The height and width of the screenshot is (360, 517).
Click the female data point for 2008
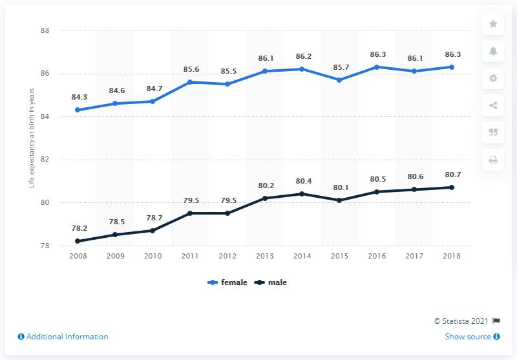pos(78,110)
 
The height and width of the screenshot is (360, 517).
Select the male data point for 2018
pos(452,187)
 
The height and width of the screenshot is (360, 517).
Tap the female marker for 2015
pos(339,79)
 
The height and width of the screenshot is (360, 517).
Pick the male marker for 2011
pos(190,213)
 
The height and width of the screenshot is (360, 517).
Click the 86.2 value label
pos(302,57)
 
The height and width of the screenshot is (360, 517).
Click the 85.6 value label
pos(190,70)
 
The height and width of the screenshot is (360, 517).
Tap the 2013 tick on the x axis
pos(264,257)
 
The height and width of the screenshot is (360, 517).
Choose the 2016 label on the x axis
pos(377,257)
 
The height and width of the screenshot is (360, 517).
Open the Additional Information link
pos(63,337)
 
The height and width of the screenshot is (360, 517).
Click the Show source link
pos(472,337)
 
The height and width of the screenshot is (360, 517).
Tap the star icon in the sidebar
pos(493,24)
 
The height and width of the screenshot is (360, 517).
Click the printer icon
pos(493,160)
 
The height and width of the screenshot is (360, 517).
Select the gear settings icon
pos(493,78)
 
